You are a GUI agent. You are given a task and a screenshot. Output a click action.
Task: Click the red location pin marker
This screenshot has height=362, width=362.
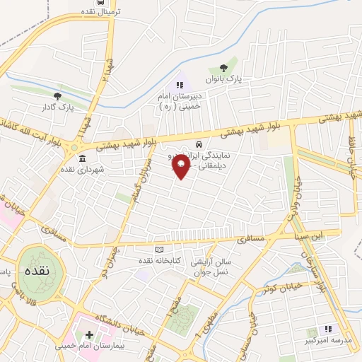181,167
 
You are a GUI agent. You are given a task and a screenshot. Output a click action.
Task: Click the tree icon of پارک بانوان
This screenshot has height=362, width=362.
224,69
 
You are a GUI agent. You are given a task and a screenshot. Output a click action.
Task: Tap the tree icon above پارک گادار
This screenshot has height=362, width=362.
58,96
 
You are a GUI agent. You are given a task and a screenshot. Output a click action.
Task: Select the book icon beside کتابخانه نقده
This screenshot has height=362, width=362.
159,250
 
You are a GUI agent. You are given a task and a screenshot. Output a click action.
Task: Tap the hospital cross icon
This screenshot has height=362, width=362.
89,334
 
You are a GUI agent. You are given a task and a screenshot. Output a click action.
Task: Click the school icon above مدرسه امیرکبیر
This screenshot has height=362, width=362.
327,329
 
